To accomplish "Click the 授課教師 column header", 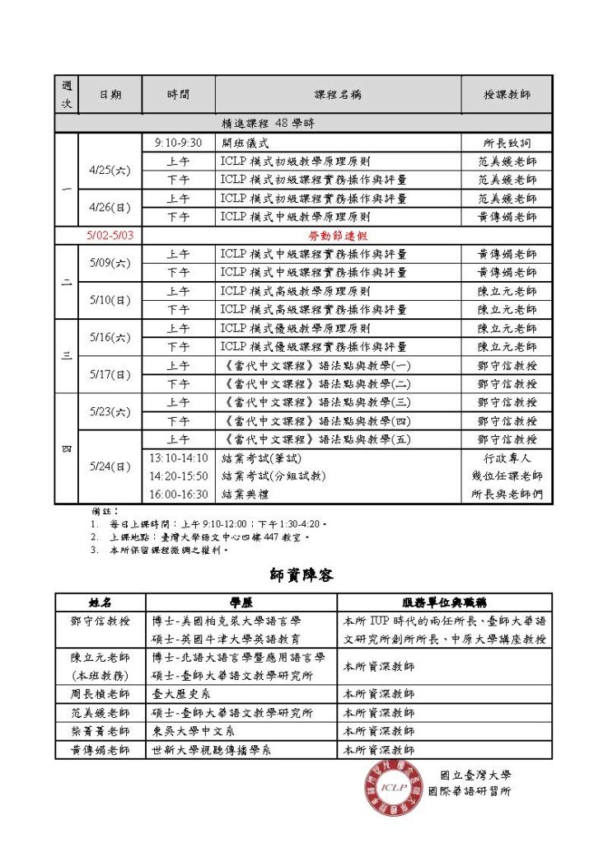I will pyautogui.click(x=507, y=95).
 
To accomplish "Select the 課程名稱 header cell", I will pyautogui.click(x=338, y=95).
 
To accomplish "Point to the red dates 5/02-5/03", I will pyautogui.click(x=110, y=235).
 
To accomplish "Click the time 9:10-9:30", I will pyautogui.click(x=178, y=143).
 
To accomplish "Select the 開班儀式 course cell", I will pyautogui.click(x=246, y=143).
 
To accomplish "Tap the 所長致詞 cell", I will pyautogui.click(x=507, y=143).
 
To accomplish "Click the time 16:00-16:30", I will pyautogui.click(x=178, y=495).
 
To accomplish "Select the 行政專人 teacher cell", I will pyautogui.click(x=507, y=458).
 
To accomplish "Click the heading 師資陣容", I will pyautogui.click(x=301, y=574).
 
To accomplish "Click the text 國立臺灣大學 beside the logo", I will pyautogui.click(x=475, y=775).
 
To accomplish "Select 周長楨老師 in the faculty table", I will pyautogui.click(x=100, y=694).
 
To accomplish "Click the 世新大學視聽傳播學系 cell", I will pyautogui.click(x=212, y=749).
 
